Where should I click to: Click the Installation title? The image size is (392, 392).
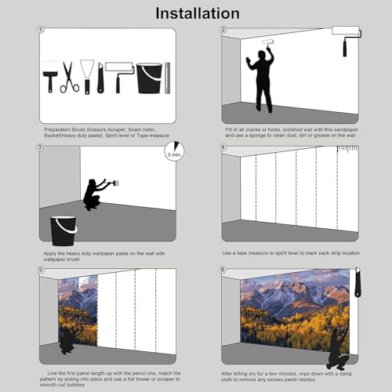click(x=198, y=13)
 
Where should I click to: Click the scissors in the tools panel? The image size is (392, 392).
click(x=69, y=77)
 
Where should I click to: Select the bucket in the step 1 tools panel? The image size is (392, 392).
click(x=149, y=78)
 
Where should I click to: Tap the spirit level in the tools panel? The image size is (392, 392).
click(x=168, y=78)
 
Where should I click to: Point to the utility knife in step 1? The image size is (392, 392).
click(x=100, y=78)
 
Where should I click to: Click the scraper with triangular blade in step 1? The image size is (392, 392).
click(x=87, y=77)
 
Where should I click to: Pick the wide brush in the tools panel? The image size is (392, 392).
click(x=50, y=76)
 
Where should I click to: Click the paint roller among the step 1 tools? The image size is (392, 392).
click(x=119, y=76)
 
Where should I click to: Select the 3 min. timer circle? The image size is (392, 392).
click(x=174, y=151)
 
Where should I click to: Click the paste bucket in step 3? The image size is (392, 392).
click(x=64, y=230)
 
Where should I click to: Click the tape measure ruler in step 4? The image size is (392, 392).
click(x=347, y=149)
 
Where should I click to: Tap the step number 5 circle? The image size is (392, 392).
click(x=41, y=270)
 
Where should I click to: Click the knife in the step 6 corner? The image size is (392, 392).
click(x=358, y=282)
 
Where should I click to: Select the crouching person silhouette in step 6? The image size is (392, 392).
click(x=338, y=349)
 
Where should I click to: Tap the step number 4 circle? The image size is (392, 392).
click(x=223, y=147)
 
